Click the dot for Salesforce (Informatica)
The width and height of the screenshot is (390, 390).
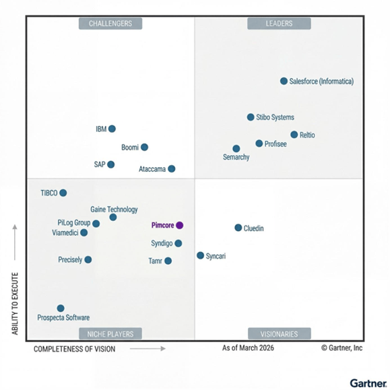click(284, 81)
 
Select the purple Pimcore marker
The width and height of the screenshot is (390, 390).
click(179, 225)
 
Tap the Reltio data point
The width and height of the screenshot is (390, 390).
click(294, 135)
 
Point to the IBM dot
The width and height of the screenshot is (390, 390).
click(112, 129)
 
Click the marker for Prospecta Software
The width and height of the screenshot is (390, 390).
click(61, 308)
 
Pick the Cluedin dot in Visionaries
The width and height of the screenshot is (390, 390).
click(238, 228)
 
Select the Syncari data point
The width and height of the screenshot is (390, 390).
click(200, 255)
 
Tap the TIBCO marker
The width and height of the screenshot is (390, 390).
click(63, 193)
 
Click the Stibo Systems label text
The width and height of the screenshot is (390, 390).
click(275, 117)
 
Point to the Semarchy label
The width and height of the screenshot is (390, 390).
click(236, 158)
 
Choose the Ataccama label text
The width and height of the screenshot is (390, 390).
click(152, 169)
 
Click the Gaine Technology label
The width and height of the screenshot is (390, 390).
click(114, 209)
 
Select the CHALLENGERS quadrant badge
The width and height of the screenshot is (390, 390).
click(110, 24)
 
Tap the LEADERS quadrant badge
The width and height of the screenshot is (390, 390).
click(279, 24)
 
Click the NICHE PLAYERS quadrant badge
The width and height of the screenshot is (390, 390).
click(110, 333)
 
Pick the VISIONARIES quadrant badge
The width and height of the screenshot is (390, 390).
click(279, 333)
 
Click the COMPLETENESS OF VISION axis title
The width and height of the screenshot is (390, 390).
click(74, 349)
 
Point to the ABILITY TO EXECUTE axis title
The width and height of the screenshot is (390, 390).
click(15, 304)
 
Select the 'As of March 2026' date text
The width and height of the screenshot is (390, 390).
click(248, 348)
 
